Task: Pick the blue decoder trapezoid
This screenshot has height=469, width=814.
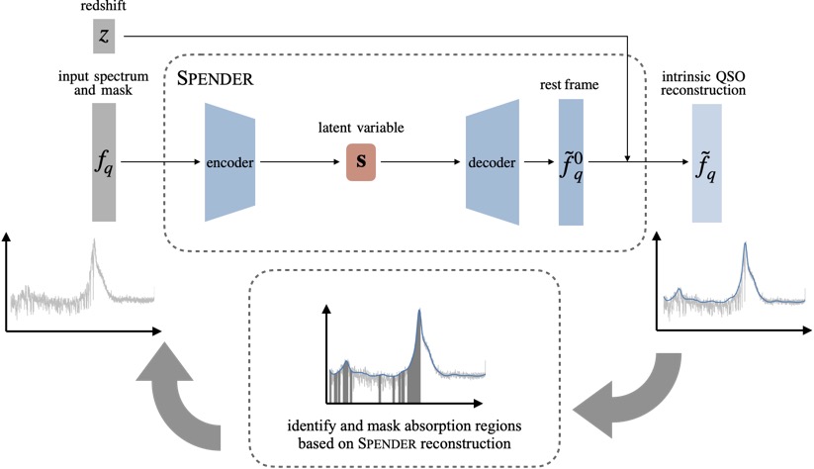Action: (x=492, y=162)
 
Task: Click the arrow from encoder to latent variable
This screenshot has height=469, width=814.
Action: (x=301, y=160)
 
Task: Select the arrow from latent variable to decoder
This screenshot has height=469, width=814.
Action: (x=423, y=160)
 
